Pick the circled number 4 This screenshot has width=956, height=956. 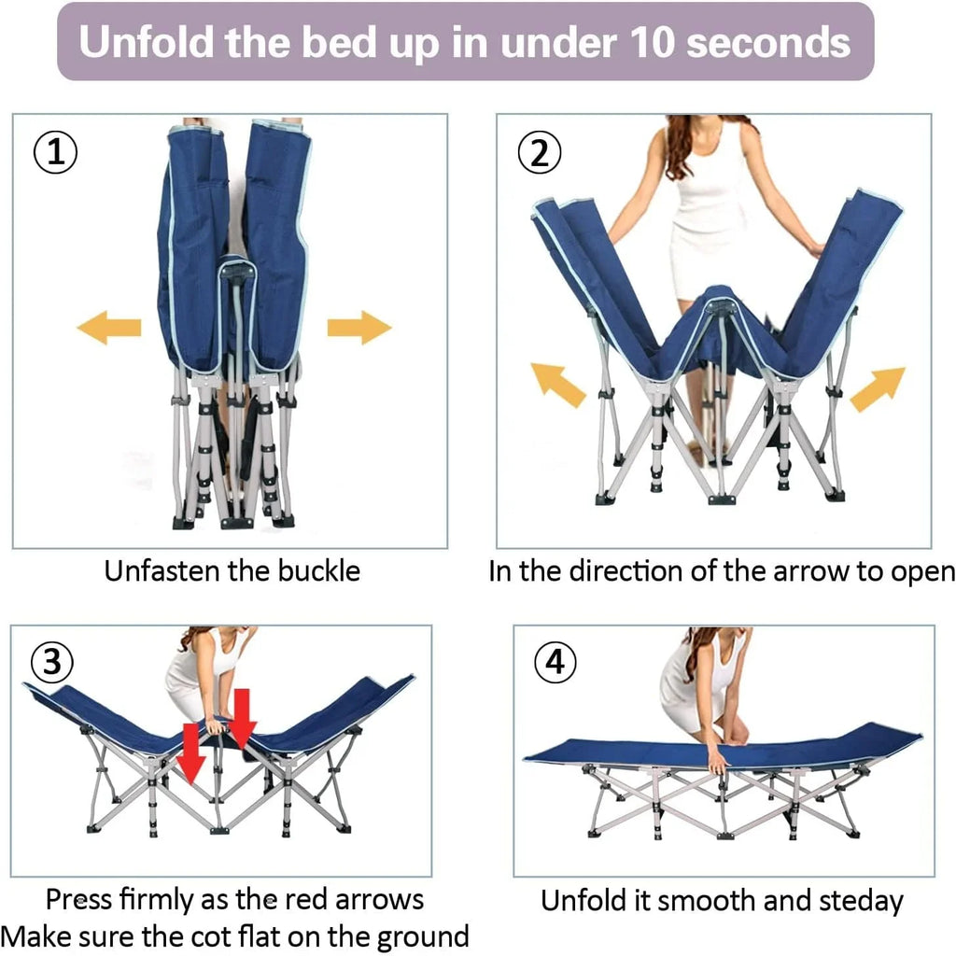(555, 662)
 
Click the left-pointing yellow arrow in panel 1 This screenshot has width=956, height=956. (108, 328)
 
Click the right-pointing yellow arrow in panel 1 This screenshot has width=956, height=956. (359, 328)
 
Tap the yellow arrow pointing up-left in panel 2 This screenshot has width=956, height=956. (557, 385)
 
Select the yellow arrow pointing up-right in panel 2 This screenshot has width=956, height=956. (878, 388)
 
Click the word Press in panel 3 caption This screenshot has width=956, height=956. (79, 900)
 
